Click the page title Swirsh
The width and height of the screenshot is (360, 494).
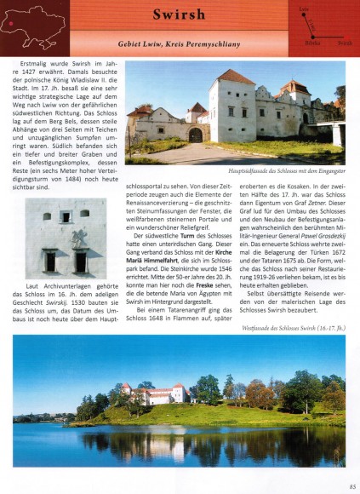coord(180,14)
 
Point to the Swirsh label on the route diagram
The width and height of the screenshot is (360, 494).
coord(344,42)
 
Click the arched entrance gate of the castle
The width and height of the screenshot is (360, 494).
coord(195,135)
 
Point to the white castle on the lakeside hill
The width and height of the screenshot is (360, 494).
coord(158,393)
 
